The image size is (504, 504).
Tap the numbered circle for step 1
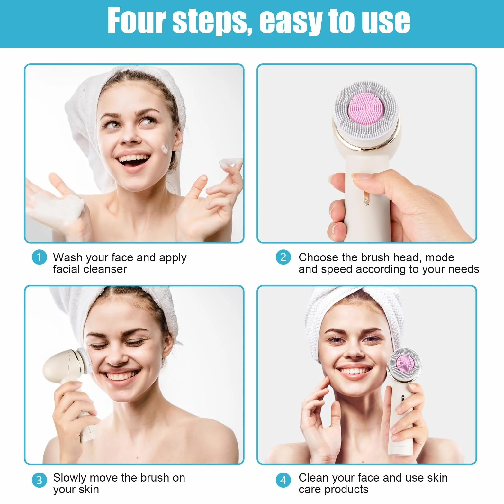click(40, 257)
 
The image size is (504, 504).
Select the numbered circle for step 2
click(283, 257)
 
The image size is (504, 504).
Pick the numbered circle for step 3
click(40, 480)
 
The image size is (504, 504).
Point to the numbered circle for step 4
click(283, 480)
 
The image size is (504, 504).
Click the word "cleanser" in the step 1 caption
click(106, 269)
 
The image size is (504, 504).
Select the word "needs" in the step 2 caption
click(464, 269)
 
